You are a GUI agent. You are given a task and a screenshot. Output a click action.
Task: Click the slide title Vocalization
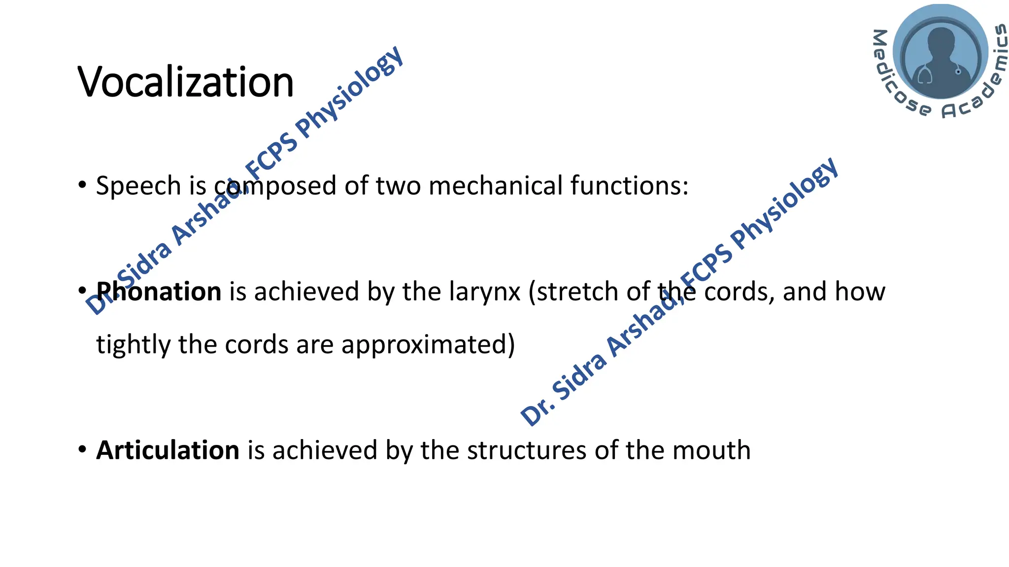point(185,82)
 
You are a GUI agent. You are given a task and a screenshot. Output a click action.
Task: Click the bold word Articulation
point(168,450)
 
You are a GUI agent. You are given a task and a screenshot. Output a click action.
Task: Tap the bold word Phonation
point(159,291)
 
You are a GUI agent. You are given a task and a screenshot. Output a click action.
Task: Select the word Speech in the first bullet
point(138,186)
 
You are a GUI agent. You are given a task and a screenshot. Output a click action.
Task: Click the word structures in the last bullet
point(527,450)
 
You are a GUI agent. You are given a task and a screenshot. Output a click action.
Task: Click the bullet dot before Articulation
point(82,449)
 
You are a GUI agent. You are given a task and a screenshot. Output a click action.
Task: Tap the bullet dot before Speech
point(82,185)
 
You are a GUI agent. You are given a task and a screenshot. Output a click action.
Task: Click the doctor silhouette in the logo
point(940,59)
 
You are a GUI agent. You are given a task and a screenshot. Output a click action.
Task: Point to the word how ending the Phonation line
point(860,291)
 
